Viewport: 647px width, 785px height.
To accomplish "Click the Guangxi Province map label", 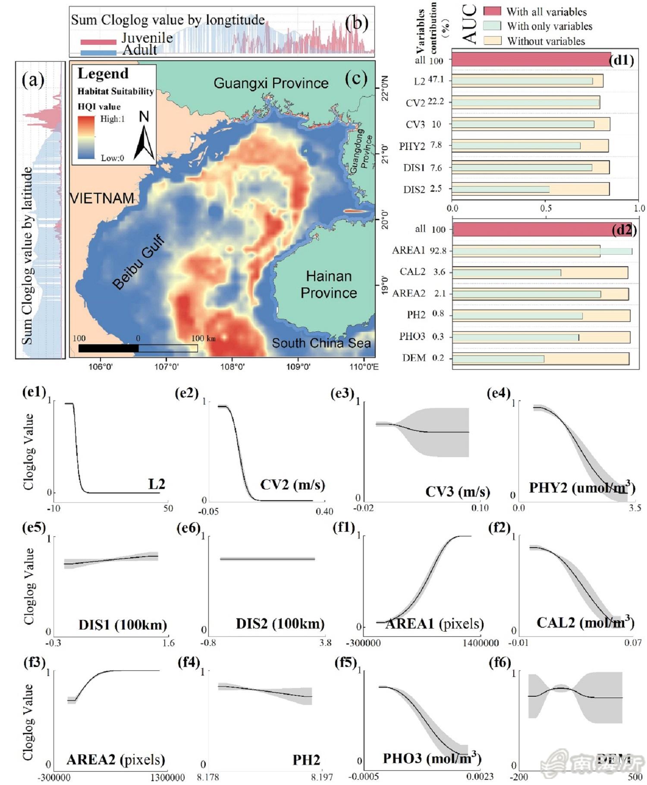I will (x=271, y=83).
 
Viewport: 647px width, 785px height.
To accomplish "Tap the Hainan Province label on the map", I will (x=329, y=284).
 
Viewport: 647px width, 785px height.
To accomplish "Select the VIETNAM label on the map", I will (x=102, y=198).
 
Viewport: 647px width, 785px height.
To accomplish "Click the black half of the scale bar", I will (x=108, y=348).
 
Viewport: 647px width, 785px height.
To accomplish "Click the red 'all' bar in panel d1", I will (x=531, y=59).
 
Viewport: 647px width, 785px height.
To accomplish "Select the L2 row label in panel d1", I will (x=419, y=81).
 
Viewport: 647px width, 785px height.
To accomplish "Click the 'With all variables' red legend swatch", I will (x=492, y=11).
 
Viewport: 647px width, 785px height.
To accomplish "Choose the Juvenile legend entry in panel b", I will (x=147, y=38).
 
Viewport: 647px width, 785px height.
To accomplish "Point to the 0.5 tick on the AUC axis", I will (x=546, y=209).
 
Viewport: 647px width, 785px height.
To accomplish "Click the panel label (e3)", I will (x=342, y=393).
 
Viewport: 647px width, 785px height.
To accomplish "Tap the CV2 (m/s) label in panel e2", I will (x=292, y=484).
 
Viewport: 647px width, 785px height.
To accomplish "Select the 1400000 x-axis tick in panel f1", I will (x=481, y=643).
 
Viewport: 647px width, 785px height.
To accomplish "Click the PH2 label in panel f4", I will (x=306, y=760).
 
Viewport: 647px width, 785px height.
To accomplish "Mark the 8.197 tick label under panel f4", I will (x=320, y=777).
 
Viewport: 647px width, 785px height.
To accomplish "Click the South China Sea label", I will (x=321, y=343).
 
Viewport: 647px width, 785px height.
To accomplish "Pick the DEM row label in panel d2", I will (x=414, y=358).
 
